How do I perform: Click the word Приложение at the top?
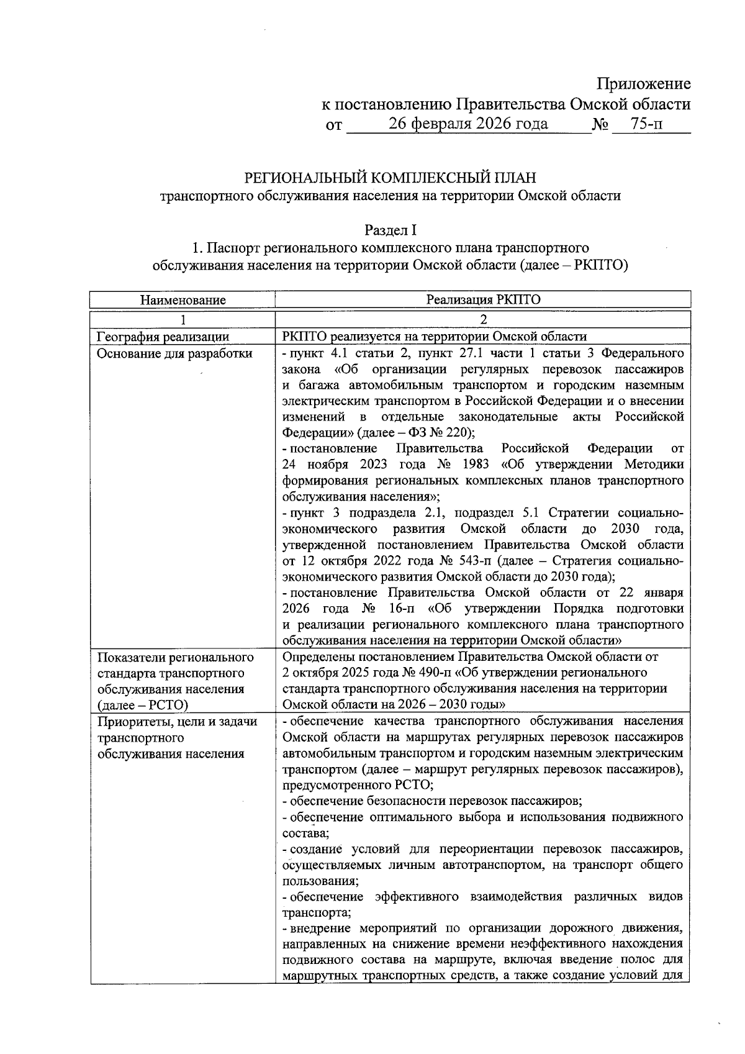click(643, 84)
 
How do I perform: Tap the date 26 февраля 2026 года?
click(468, 124)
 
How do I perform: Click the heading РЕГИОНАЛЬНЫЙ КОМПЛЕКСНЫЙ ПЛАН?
click(390, 178)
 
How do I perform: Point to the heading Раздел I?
click(390, 230)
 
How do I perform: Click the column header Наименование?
click(183, 300)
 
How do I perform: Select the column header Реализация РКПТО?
click(483, 299)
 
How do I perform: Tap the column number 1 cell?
click(183, 320)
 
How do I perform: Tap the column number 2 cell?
click(483, 320)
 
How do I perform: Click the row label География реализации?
click(163, 337)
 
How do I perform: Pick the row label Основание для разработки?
click(175, 353)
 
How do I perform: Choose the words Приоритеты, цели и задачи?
click(177, 721)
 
